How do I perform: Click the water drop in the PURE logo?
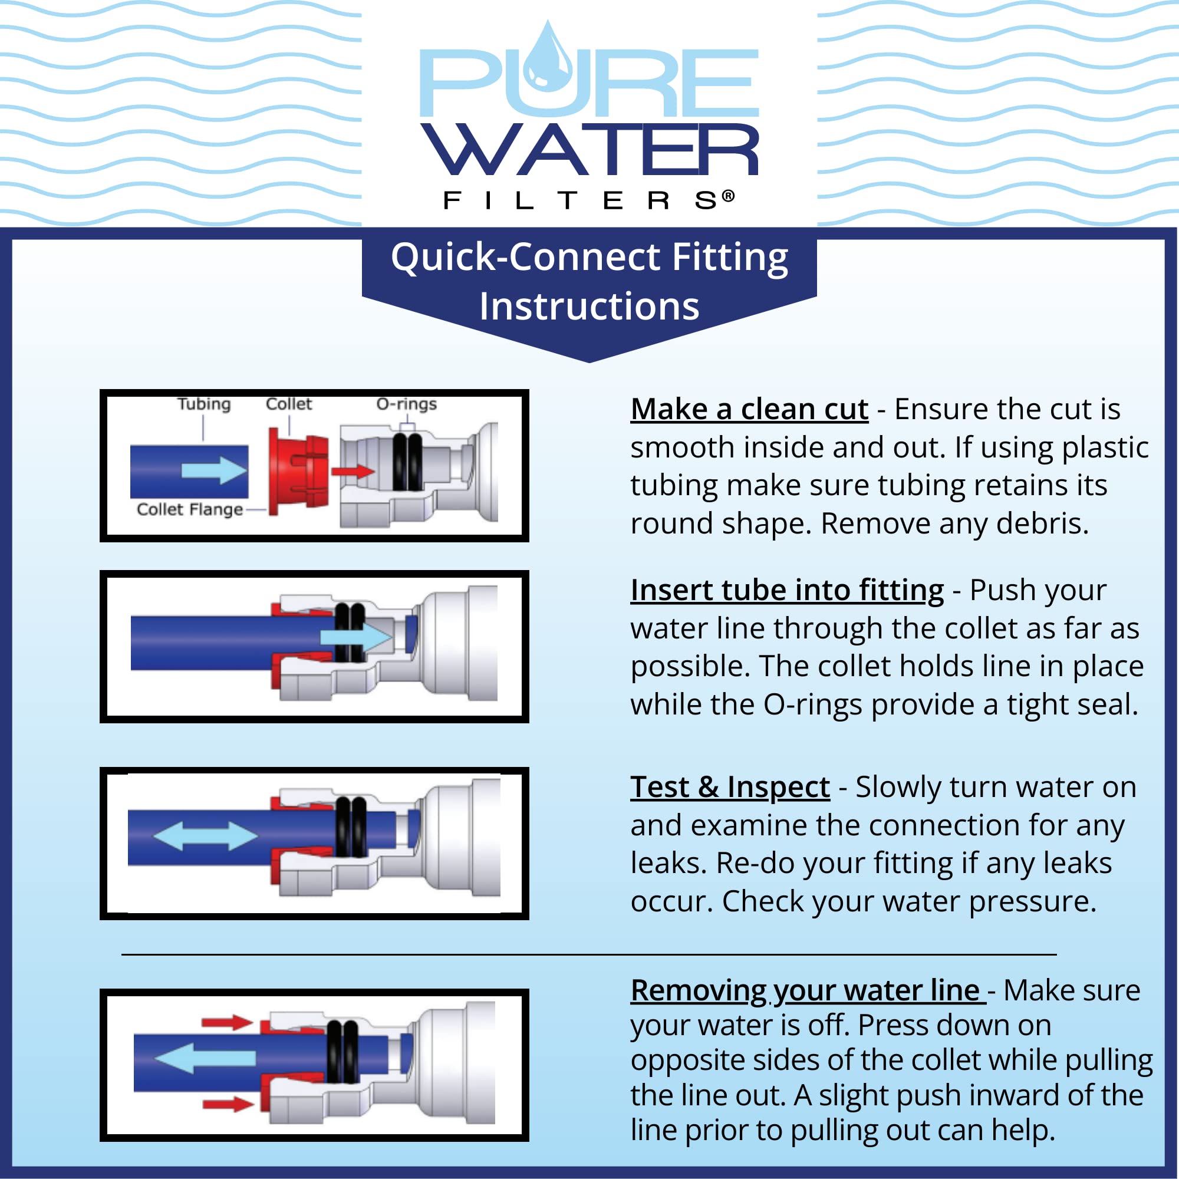(x=548, y=61)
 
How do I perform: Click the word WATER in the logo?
(x=589, y=150)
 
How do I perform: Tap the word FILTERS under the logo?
(x=589, y=200)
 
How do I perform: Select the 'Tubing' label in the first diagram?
(x=204, y=404)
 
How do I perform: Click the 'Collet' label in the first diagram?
(x=289, y=404)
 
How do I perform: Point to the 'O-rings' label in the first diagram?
(x=406, y=404)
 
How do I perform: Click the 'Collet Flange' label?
(x=190, y=509)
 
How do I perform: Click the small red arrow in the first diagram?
(x=353, y=471)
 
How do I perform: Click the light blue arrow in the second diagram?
(x=356, y=637)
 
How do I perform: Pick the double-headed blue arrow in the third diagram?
(x=205, y=835)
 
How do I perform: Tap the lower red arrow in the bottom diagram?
(x=227, y=1104)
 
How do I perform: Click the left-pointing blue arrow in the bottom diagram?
(x=205, y=1057)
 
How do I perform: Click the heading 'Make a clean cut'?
(x=749, y=409)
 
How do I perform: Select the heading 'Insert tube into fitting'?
(x=787, y=590)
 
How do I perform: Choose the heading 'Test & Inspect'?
(x=730, y=786)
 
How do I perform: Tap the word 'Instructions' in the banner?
(x=589, y=306)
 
